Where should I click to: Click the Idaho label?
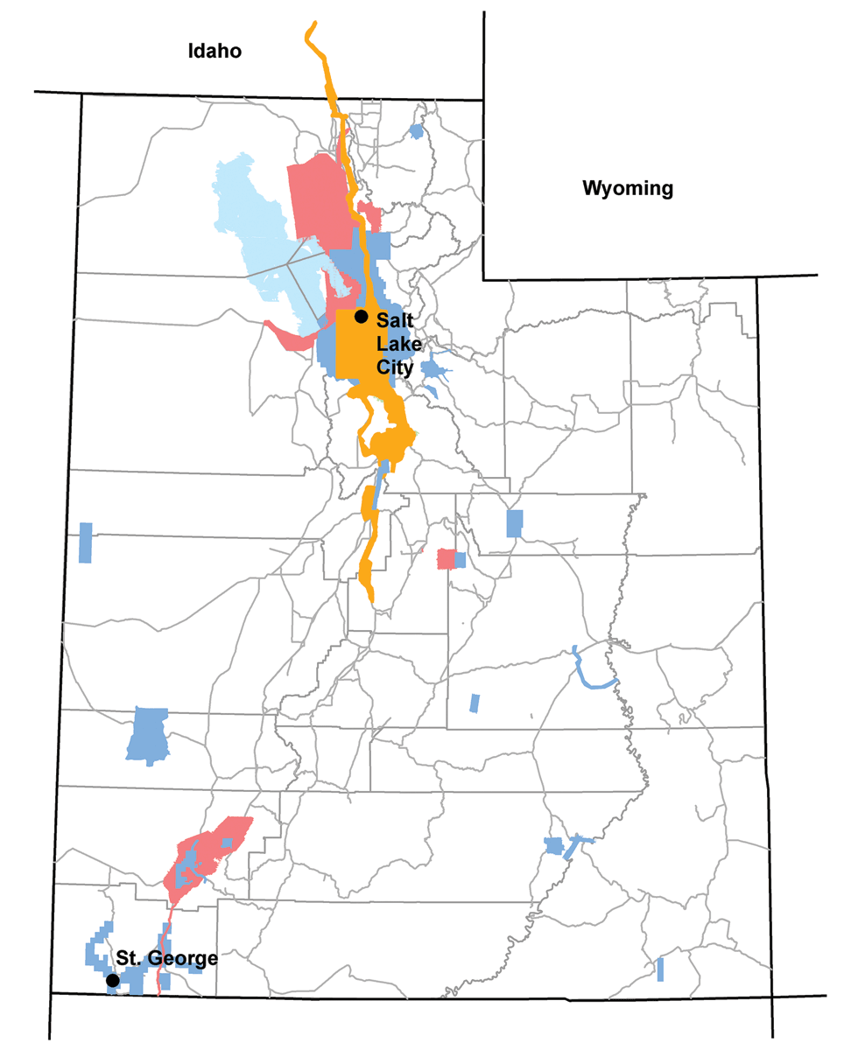click(x=214, y=52)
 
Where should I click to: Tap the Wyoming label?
click(x=629, y=188)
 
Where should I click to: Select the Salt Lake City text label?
click(x=395, y=343)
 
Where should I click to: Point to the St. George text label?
click(x=166, y=958)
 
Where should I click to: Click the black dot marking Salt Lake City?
click(x=361, y=316)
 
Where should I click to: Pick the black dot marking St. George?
click(x=112, y=981)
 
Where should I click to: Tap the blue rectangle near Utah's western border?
click(x=85, y=542)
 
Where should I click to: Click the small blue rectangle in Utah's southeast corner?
click(x=660, y=969)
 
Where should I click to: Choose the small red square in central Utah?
click(x=446, y=559)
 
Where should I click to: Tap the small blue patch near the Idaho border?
click(x=416, y=132)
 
